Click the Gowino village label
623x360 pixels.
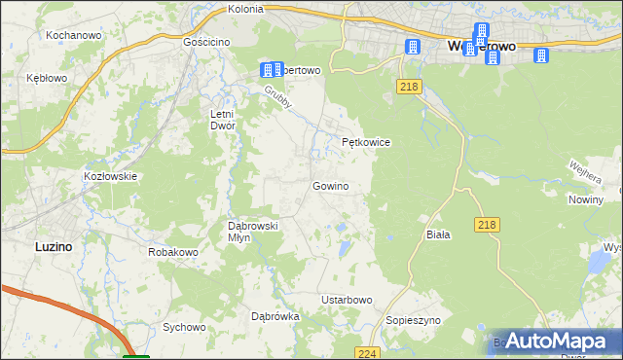pos(330,186)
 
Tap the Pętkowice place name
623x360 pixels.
pos(366,142)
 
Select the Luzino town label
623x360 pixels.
pos(53,247)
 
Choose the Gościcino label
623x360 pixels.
pos(205,43)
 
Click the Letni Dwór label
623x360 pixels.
pos(224,120)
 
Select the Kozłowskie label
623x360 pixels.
pos(110,176)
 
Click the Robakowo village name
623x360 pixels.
pos(173,252)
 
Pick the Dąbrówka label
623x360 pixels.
pos(275,316)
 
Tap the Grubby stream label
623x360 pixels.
pos(277,98)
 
